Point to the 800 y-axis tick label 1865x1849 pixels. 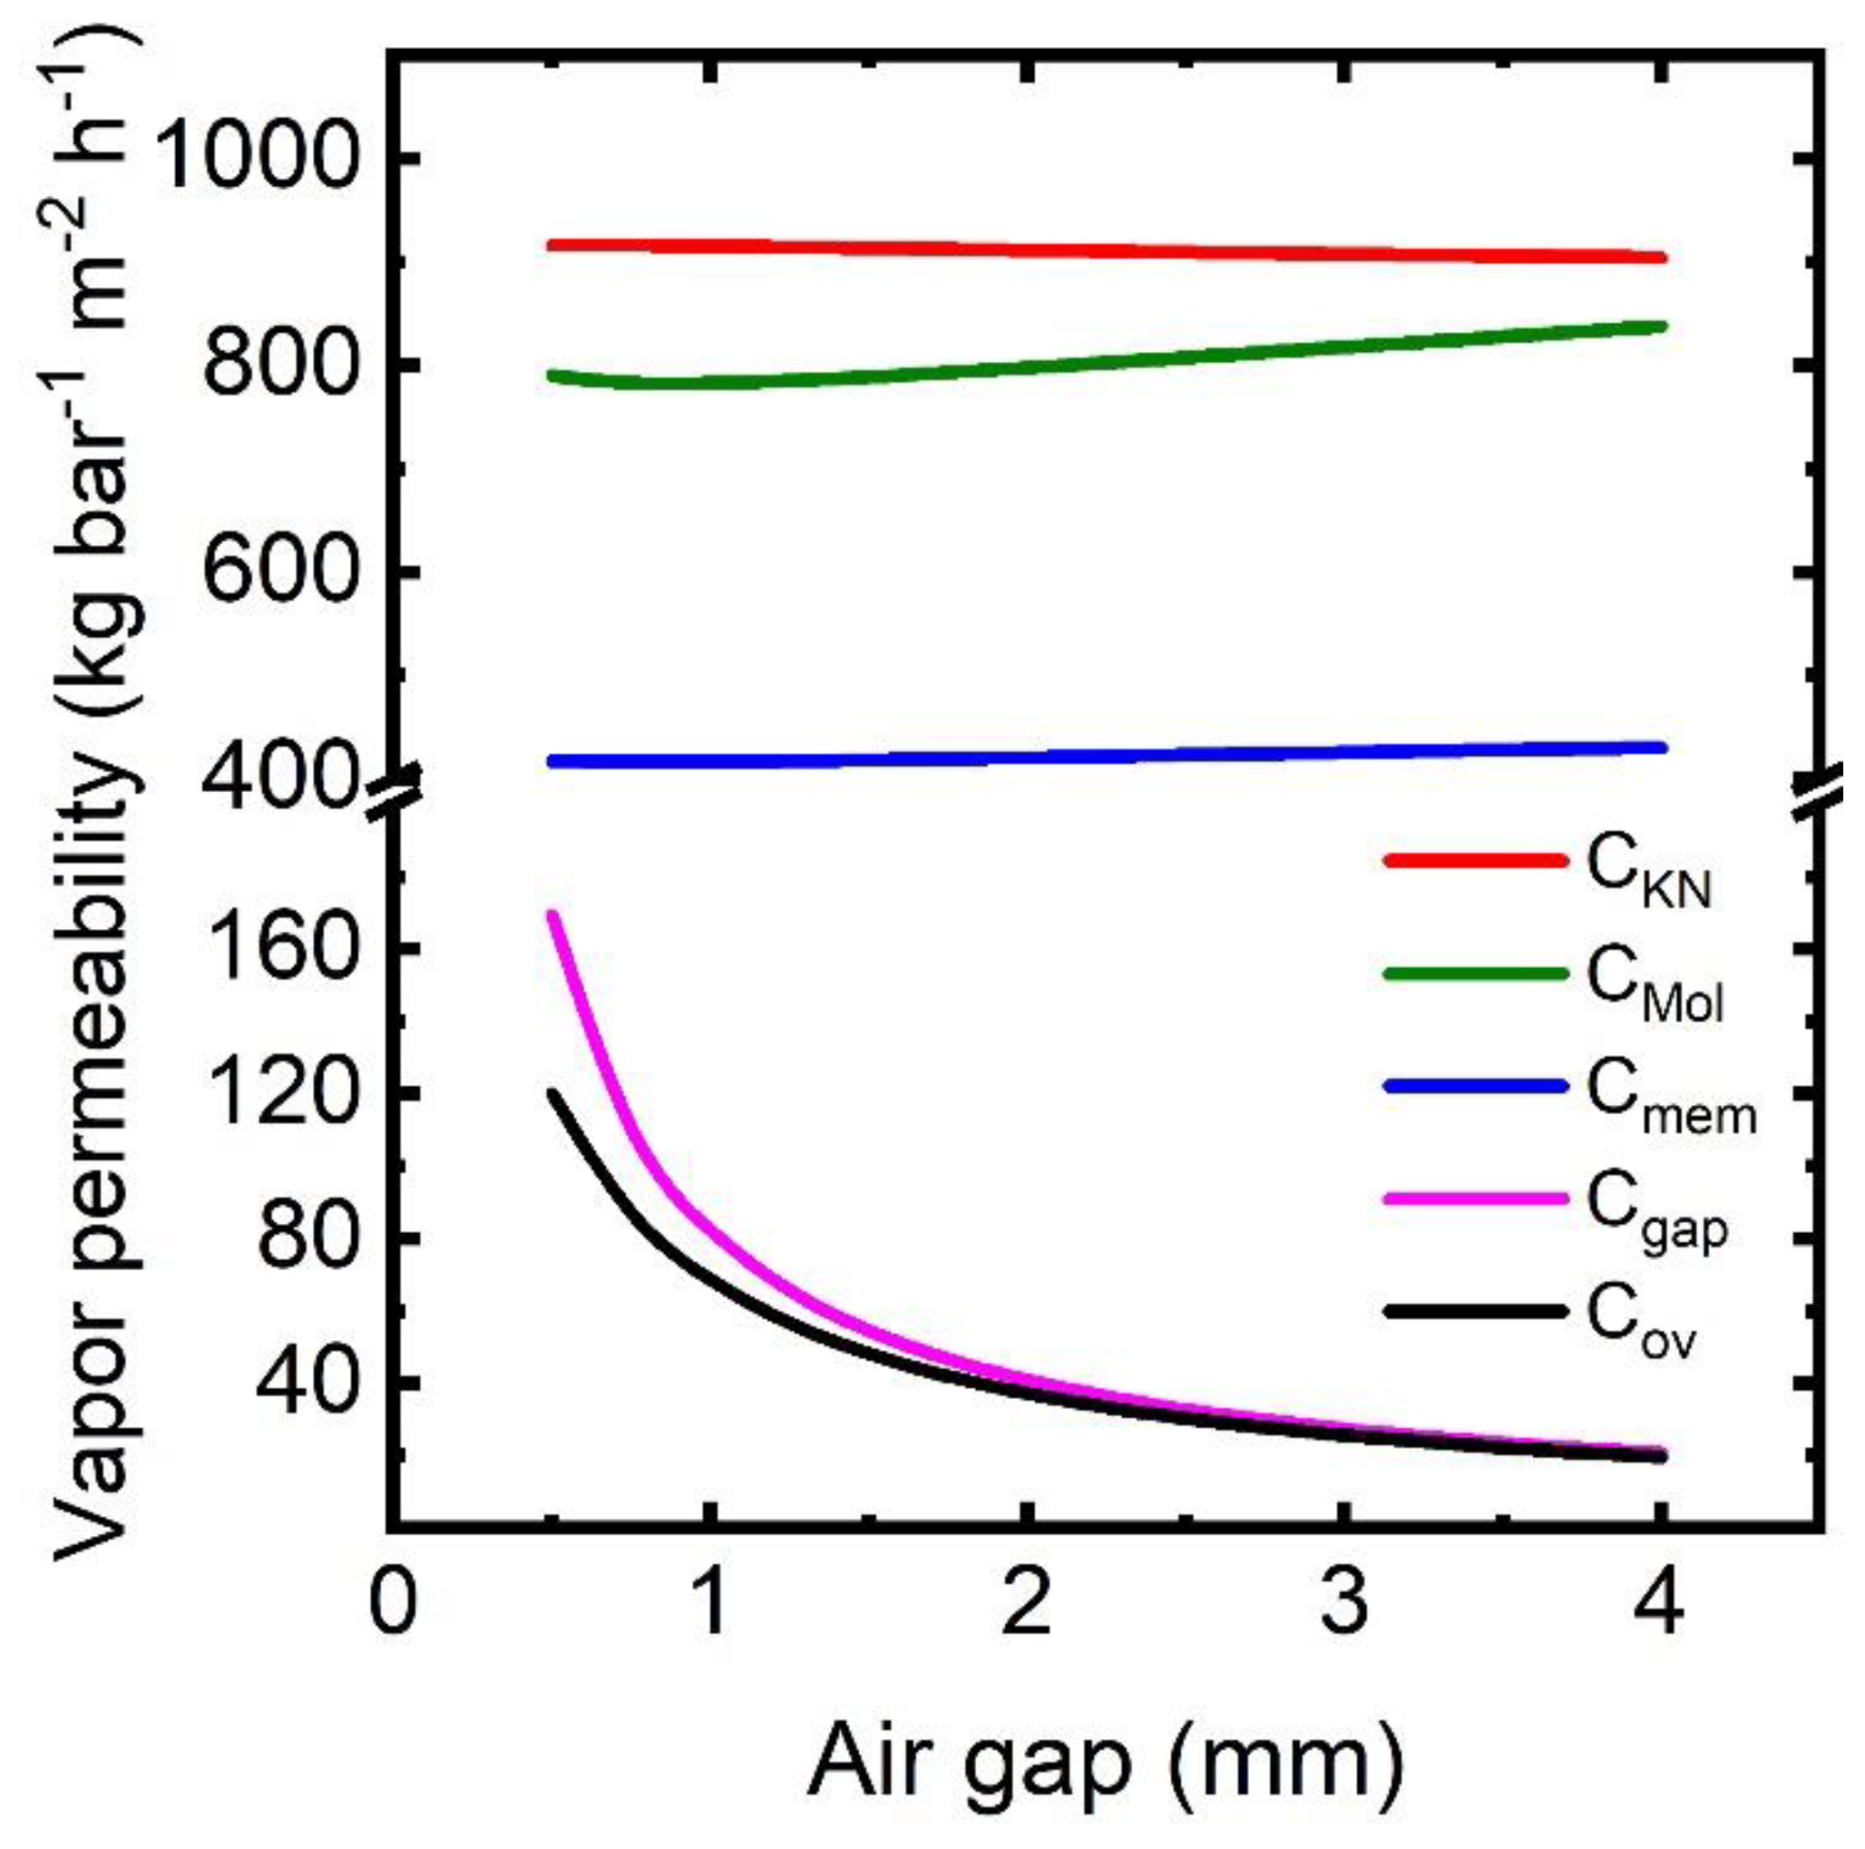click(x=277, y=364)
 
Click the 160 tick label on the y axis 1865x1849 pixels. click(x=277, y=947)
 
